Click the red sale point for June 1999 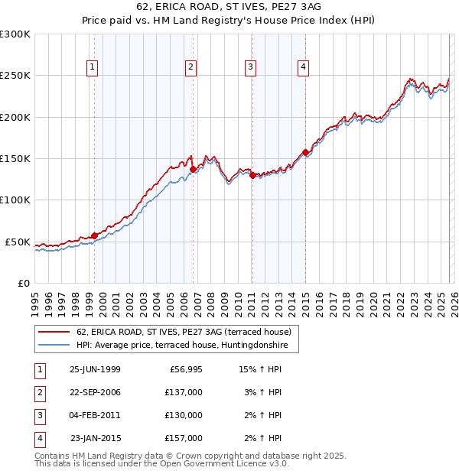pyautogui.click(x=95, y=235)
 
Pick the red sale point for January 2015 pyautogui.click(x=305, y=152)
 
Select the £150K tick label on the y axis pyautogui.click(x=15, y=158)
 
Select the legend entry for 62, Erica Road pyautogui.click(x=184, y=332)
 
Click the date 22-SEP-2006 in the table pyautogui.click(x=95, y=392)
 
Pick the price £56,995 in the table pyautogui.click(x=185, y=369)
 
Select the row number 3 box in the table pyautogui.click(x=39, y=415)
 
